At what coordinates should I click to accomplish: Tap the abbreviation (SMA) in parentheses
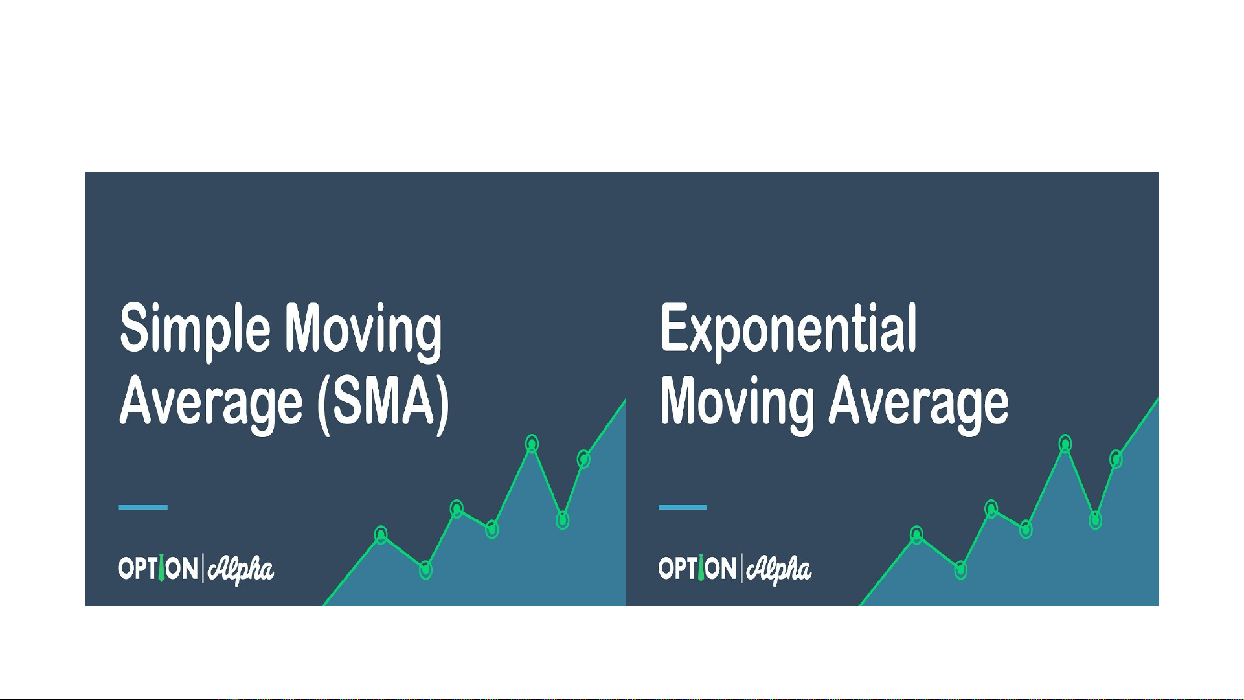pyautogui.click(x=383, y=403)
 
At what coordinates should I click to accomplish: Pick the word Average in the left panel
pyautogui.click(x=211, y=403)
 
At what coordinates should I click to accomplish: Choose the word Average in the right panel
pyautogui.click(x=919, y=403)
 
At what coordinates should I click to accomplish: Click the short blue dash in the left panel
pyautogui.click(x=142, y=507)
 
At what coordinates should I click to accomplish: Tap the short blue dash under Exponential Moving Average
pyautogui.click(x=683, y=507)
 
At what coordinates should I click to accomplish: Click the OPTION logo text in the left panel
pyautogui.click(x=158, y=569)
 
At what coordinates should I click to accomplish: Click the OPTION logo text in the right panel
pyautogui.click(x=697, y=569)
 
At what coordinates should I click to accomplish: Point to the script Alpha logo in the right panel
pyautogui.click(x=779, y=570)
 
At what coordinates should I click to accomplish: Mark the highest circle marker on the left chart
pyautogui.click(x=532, y=444)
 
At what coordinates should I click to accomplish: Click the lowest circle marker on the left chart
pyautogui.click(x=425, y=570)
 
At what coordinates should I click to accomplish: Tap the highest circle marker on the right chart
pyautogui.click(x=1065, y=444)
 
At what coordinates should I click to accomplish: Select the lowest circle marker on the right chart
pyautogui.click(x=961, y=570)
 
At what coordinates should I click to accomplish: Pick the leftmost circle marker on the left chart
pyautogui.click(x=381, y=535)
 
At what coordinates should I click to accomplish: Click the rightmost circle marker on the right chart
pyautogui.click(x=1116, y=459)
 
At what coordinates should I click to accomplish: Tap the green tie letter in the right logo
pyautogui.click(x=700, y=568)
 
